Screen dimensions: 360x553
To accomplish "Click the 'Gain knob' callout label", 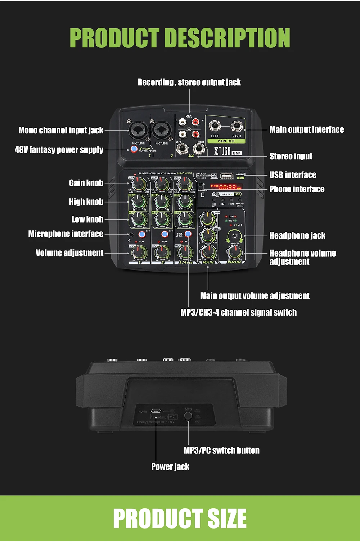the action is point(86,183).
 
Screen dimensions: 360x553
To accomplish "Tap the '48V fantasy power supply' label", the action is point(59,150).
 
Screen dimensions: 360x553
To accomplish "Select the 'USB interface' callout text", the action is point(293,175).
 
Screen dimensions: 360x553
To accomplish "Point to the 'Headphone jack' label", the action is point(297,236).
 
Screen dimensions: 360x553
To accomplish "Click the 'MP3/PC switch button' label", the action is point(221,450).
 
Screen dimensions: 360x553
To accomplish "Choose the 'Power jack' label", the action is point(170,467).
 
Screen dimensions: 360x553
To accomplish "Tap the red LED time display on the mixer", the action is point(228,187).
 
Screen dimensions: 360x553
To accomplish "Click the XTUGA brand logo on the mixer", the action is point(222,151).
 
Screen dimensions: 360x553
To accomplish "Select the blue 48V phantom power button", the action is point(134,149).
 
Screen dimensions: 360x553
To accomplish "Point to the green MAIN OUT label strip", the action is point(226,141).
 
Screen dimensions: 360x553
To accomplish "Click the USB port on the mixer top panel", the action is point(226,176).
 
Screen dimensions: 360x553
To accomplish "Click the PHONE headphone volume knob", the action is point(235,252).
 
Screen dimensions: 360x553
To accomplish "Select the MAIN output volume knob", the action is point(208,252).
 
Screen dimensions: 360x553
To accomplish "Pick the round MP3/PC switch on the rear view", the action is point(188,416).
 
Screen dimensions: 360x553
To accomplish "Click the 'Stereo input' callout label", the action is point(291,157).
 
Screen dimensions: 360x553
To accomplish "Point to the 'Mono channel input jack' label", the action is point(61,130).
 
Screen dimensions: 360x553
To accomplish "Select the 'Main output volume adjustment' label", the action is point(255,296).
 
